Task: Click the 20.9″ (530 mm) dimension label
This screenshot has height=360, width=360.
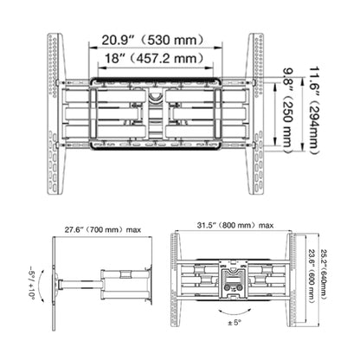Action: tap(153, 40)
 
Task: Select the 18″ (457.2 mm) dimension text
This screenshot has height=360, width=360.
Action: tap(154, 59)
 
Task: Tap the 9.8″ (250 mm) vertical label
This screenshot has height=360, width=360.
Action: tap(287, 111)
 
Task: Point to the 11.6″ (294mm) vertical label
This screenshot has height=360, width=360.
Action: tap(314, 111)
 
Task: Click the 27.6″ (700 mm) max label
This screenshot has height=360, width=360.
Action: tap(103, 230)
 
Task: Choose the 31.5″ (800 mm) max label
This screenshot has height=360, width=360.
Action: tap(235, 225)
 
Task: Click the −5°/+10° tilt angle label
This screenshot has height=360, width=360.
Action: tap(31, 283)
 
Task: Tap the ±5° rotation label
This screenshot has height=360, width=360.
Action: tap(235, 323)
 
